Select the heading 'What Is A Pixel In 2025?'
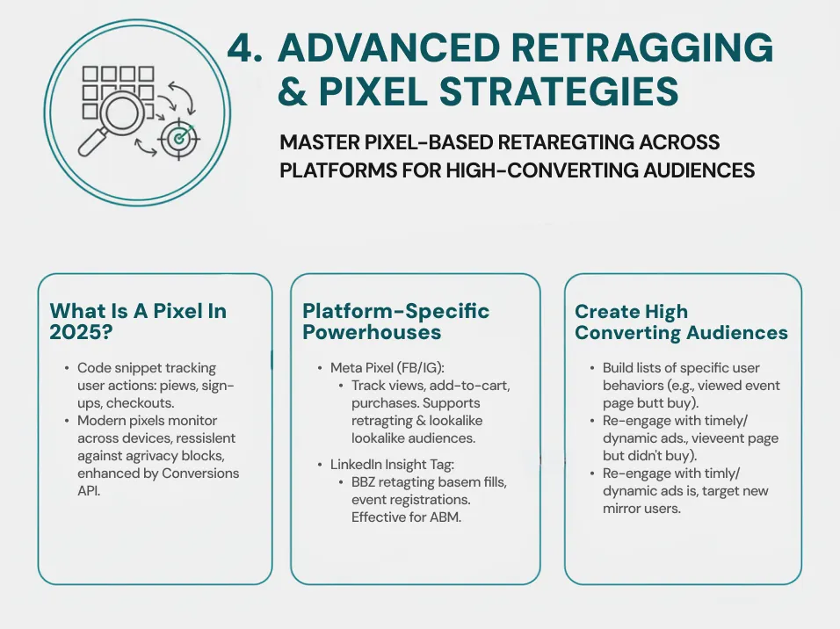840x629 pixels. coord(138,322)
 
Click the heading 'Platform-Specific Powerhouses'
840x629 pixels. coord(395,322)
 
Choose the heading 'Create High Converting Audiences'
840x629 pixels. coord(681,322)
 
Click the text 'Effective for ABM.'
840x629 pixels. coord(406,517)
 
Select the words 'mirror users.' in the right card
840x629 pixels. coord(645,508)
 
